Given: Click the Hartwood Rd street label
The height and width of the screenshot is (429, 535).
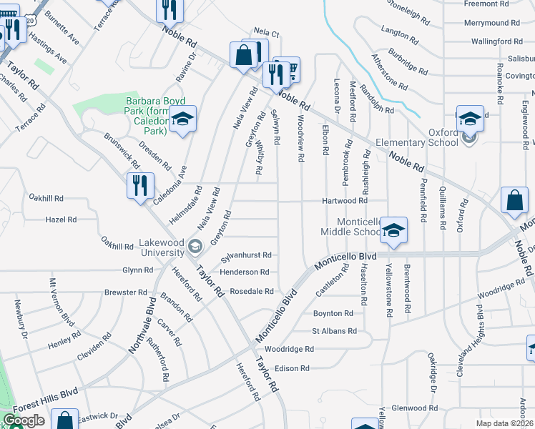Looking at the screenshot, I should (343, 201).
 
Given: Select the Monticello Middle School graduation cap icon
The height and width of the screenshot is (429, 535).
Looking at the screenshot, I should (393, 230).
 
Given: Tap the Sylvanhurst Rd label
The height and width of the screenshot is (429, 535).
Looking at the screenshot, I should (246, 255).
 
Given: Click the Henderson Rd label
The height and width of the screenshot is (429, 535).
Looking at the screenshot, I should (245, 272).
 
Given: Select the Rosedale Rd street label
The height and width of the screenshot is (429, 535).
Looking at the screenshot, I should (252, 291).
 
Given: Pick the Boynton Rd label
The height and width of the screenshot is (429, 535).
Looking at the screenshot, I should (333, 313).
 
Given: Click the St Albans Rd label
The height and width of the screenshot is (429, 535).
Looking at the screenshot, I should (333, 331).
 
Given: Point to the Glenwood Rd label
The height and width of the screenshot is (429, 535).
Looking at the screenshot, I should (409, 408).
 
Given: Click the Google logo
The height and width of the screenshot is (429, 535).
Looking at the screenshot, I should (24, 420).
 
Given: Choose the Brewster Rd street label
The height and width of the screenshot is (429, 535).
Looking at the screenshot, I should (124, 292).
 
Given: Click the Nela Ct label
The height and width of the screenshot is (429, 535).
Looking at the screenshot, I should (265, 33).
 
